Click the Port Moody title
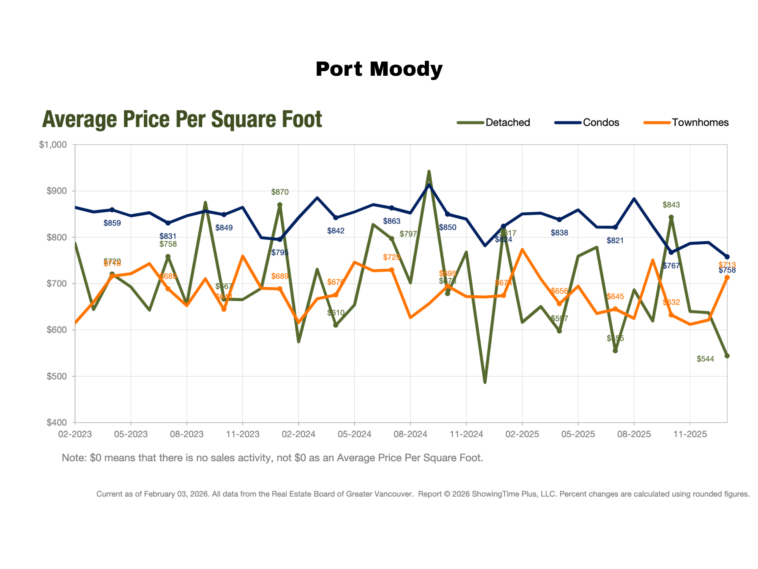tap(379, 69)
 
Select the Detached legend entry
tap(507, 122)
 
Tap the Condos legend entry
tap(601, 122)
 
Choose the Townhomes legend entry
tap(700, 122)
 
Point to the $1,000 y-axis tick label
tap(53, 145)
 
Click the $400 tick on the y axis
tap(57, 422)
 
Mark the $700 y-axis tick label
tap(57, 284)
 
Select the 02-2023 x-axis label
tap(75, 434)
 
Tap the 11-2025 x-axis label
tap(690, 434)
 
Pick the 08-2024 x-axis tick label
tap(410, 434)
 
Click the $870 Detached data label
tap(280, 192)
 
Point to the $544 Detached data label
tap(705, 359)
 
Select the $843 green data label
tap(671, 205)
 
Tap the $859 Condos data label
tap(112, 223)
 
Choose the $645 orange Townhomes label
tap(615, 296)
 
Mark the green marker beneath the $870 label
tap(280, 205)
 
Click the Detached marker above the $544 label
tap(727, 356)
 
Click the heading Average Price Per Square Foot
tap(182, 119)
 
